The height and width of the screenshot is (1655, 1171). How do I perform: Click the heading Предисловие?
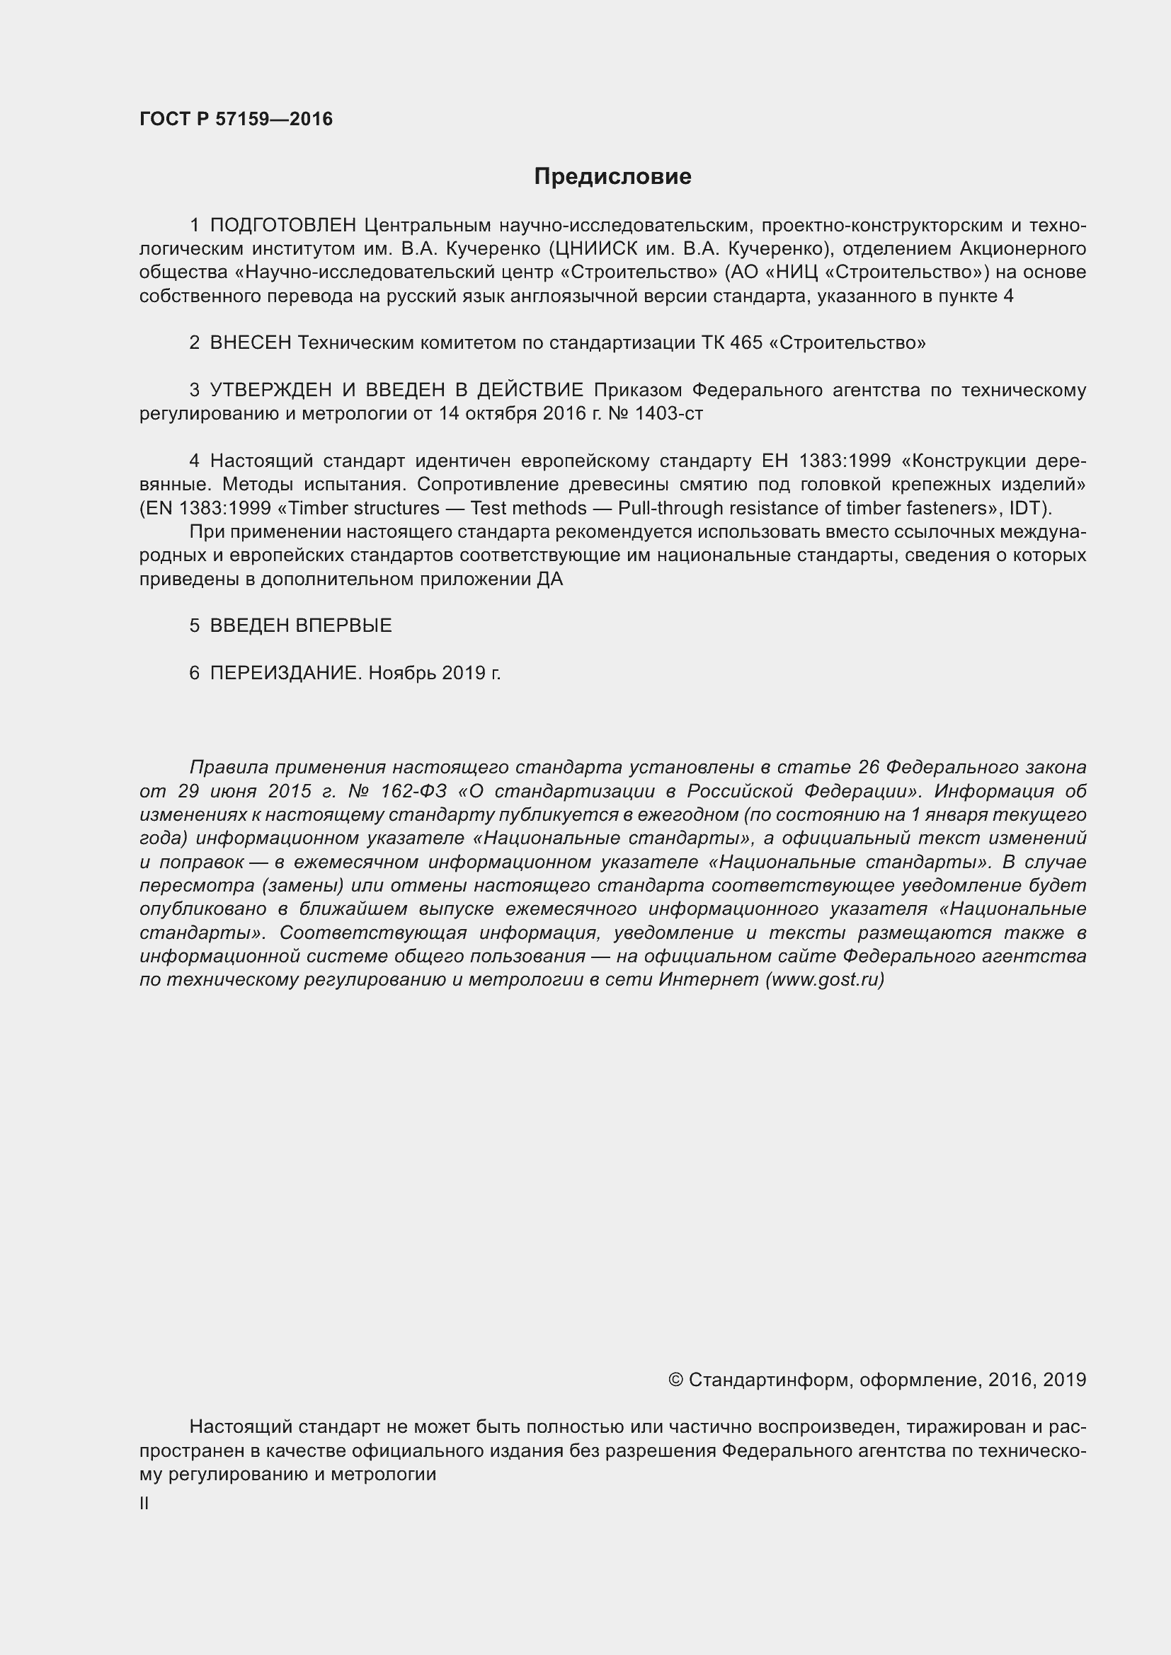coord(612,177)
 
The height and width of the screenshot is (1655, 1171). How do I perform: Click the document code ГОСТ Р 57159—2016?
coord(236,120)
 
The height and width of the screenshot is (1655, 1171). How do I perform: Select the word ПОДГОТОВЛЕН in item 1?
coord(283,226)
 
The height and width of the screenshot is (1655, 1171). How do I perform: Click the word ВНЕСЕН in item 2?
coord(250,343)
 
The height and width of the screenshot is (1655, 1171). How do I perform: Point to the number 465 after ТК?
coord(746,343)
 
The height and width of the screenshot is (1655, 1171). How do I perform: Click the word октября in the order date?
coord(499,414)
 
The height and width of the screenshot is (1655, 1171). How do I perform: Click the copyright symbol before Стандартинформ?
coord(675,1380)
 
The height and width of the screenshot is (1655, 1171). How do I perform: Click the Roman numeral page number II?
coord(144,1504)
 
